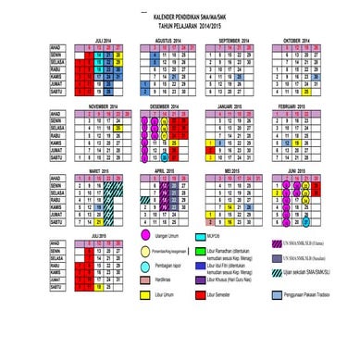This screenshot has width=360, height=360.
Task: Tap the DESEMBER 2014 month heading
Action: (168, 107)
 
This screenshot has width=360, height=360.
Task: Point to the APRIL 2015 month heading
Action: (168, 172)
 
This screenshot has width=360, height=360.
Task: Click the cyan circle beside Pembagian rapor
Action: (144, 267)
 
